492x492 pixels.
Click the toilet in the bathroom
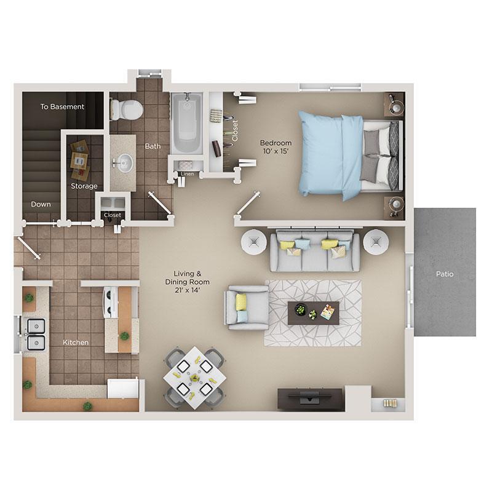pos(128,109)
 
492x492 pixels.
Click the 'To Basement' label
pos(62,106)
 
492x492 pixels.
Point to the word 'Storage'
pos(83,186)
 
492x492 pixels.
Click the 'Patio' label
pos(445,274)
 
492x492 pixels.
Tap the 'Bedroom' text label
pos(276,143)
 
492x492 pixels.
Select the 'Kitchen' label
pos(76,342)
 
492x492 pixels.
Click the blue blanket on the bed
pos(329,154)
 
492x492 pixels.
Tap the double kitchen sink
pos(36,333)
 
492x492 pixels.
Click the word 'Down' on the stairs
pos(41,204)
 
